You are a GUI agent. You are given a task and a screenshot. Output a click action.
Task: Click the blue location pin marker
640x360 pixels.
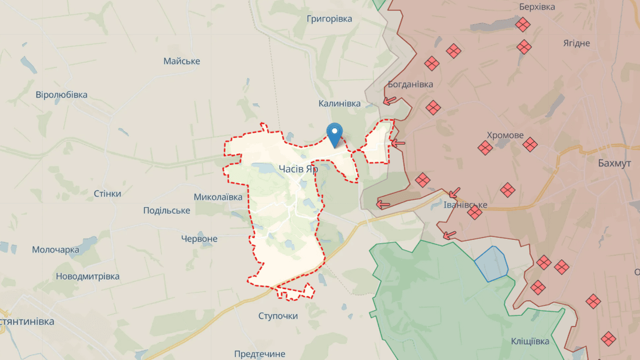[x=335, y=134]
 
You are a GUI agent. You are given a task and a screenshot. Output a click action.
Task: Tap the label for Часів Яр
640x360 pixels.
[x=298, y=169]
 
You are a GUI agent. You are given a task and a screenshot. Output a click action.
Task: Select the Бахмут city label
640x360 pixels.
[x=614, y=163]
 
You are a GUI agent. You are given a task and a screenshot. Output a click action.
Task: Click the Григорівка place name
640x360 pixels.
[x=329, y=19]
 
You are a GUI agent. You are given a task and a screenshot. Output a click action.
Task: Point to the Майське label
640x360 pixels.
[x=181, y=61]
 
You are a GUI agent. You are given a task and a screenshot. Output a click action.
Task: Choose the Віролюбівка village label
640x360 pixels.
[x=61, y=94]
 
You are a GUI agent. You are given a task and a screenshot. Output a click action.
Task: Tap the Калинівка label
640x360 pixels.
[x=339, y=103]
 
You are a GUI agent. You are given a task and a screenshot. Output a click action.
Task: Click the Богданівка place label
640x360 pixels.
[x=410, y=84]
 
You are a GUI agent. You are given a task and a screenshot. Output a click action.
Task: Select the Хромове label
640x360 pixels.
[x=504, y=135]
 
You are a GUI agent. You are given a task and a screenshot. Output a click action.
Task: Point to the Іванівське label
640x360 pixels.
[x=465, y=205]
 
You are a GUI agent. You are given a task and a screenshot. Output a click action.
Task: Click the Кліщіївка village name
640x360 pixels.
[x=530, y=341]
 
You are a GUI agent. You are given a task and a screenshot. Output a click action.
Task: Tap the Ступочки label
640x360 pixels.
[x=278, y=315]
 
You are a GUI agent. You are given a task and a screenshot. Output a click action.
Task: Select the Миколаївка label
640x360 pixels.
[x=218, y=197]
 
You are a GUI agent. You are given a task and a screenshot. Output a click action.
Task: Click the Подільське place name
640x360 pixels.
[x=167, y=210]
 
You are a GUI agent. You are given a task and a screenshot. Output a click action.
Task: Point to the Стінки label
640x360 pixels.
[x=107, y=193]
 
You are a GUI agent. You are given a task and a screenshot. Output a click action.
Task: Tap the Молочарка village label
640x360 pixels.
[x=56, y=250]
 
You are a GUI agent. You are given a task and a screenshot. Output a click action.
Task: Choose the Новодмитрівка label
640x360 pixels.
[x=87, y=276]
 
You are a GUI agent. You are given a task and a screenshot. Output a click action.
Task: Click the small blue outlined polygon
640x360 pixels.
[x=491, y=263]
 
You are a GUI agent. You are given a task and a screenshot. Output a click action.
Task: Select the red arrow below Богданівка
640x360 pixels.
[x=390, y=101]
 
